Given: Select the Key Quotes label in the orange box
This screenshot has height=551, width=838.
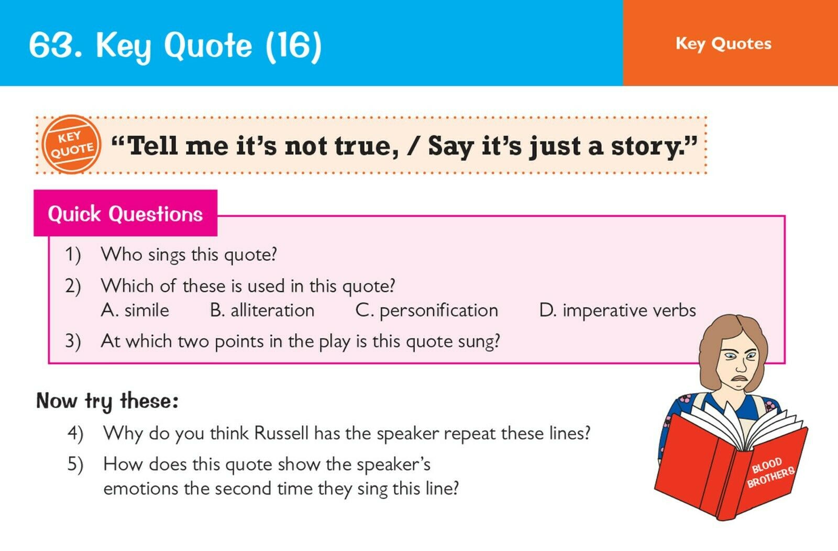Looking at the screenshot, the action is click(723, 44).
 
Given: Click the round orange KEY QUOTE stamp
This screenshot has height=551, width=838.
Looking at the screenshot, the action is click(71, 145).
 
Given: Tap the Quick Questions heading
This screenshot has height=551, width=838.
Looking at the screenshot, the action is click(125, 214).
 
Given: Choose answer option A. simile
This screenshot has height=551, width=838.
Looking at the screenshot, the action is click(135, 311).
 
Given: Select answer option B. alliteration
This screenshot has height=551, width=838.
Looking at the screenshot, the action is click(262, 311).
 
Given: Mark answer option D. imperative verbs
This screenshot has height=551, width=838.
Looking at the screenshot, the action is click(618, 311).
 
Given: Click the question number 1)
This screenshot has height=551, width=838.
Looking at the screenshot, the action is click(73, 255).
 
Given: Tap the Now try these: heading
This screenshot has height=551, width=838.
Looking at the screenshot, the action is click(107, 401).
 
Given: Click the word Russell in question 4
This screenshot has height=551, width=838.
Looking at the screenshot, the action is click(281, 433).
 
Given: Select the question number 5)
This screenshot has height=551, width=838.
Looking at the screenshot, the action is click(75, 465).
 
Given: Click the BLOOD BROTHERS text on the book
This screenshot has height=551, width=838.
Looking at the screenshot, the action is click(770, 472).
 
